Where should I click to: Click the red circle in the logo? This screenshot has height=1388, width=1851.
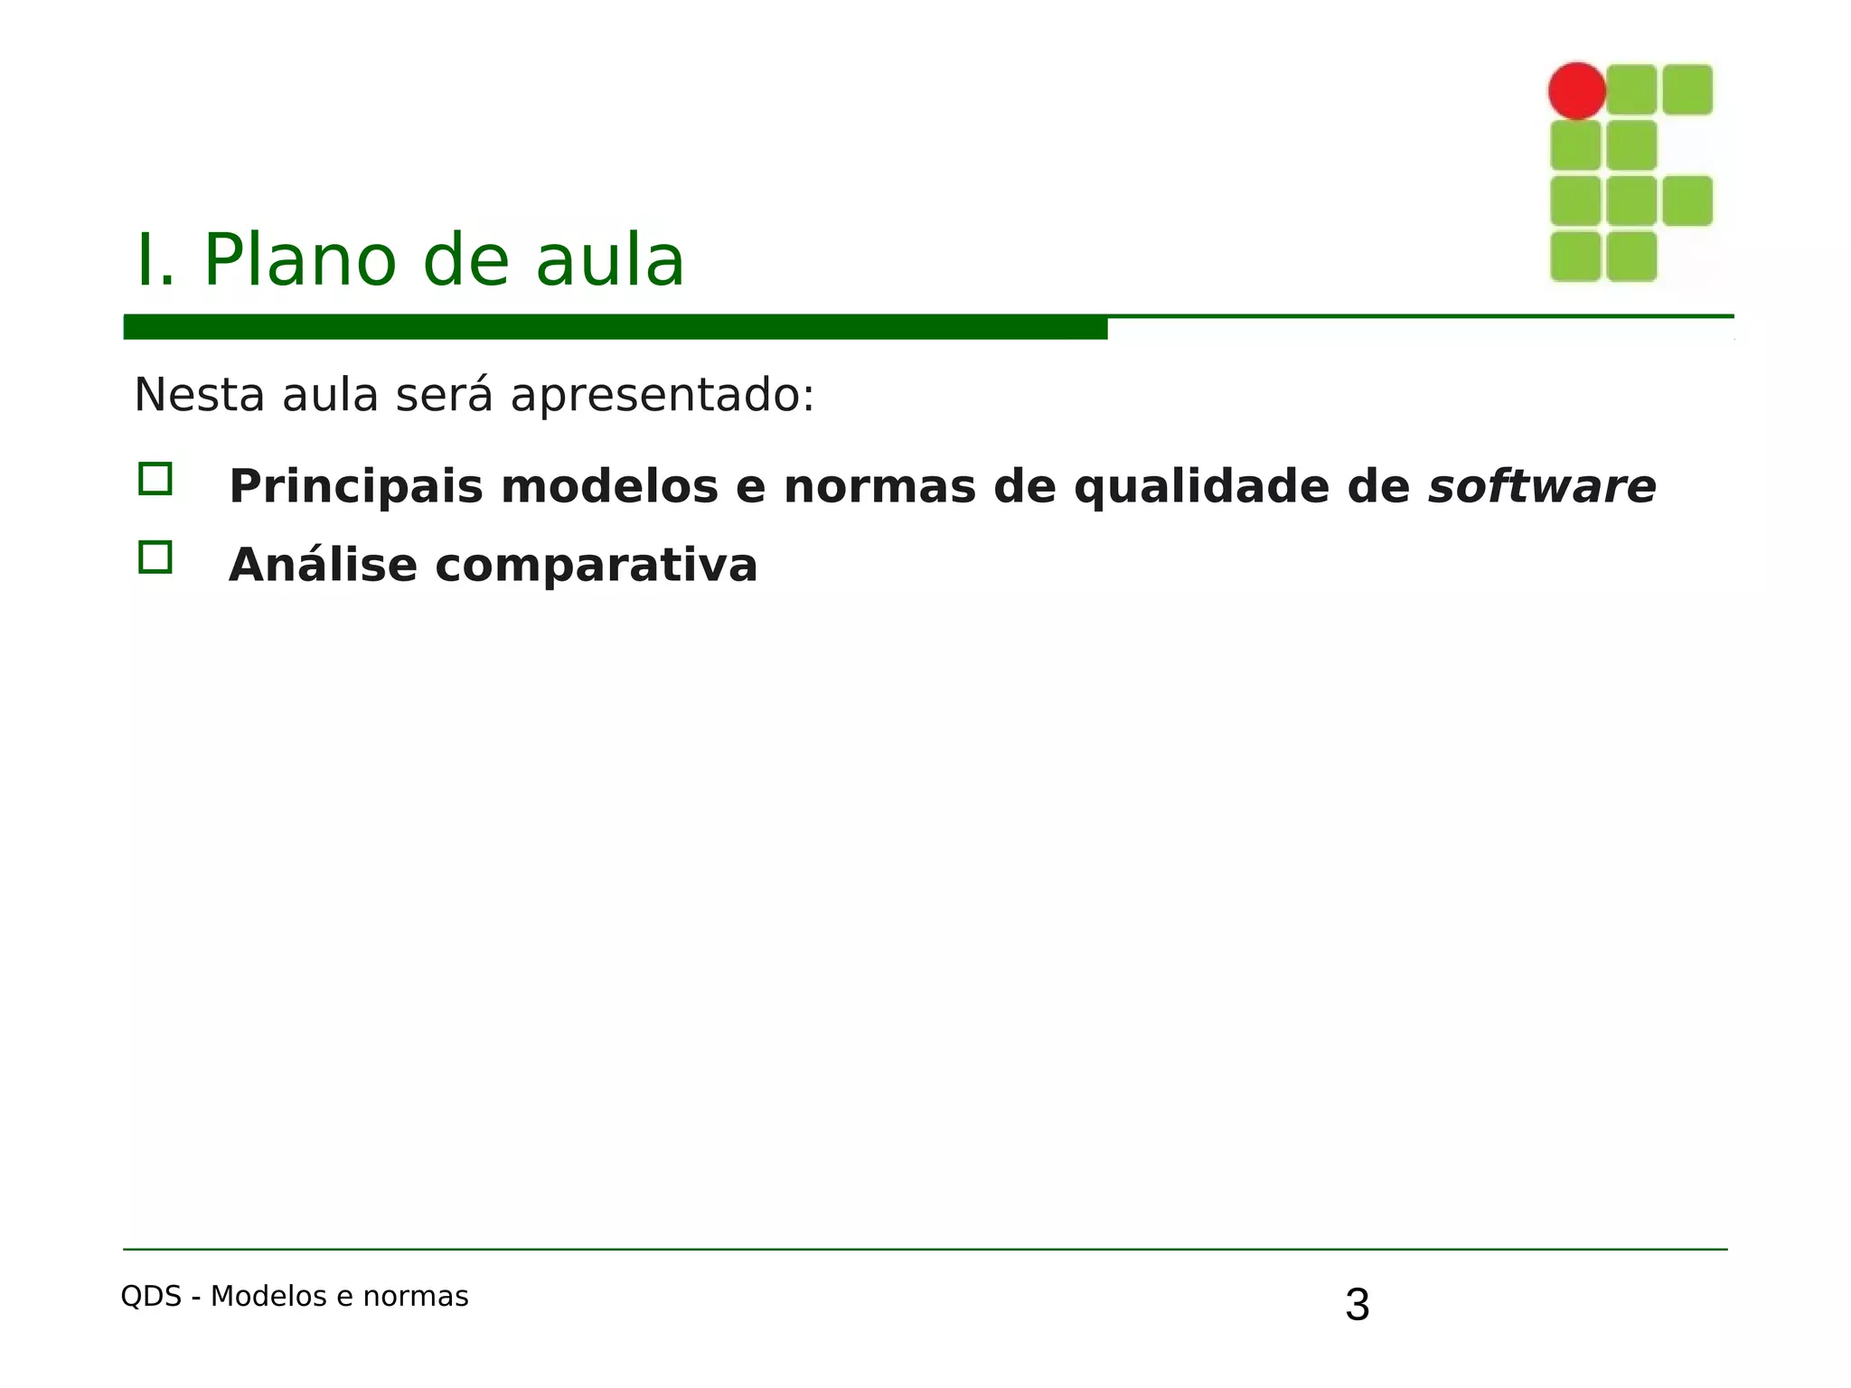(x=1576, y=90)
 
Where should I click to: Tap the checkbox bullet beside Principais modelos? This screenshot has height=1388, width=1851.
(x=155, y=479)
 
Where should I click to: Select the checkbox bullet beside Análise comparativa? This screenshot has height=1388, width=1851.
(x=155, y=558)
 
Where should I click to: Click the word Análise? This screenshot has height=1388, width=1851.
(x=323, y=566)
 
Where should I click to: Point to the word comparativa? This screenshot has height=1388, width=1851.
(x=596, y=566)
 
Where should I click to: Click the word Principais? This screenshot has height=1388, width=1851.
(x=356, y=488)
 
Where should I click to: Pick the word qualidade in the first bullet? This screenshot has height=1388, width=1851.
(x=1202, y=488)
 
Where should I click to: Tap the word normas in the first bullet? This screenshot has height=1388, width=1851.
(x=879, y=488)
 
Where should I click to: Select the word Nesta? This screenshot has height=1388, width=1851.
(x=199, y=395)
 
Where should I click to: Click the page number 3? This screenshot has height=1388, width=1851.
(x=1357, y=1305)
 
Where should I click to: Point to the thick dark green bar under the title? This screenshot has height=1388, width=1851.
(x=615, y=327)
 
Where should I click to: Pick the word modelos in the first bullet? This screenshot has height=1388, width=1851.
(x=609, y=488)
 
